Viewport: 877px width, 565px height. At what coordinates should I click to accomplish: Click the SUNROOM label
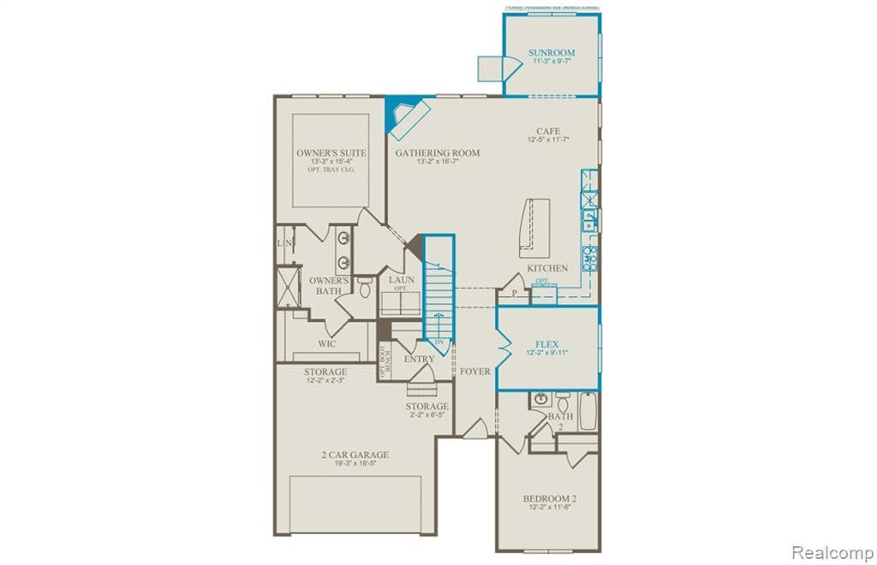point(552,53)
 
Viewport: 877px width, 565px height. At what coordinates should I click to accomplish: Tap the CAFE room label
point(548,131)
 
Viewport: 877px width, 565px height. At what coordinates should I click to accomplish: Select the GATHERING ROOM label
point(437,153)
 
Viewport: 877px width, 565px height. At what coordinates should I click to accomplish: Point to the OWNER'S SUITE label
point(331,153)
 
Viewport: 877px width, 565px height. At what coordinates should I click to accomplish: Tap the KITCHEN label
point(547,268)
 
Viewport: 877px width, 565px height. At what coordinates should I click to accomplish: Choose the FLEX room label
point(547,344)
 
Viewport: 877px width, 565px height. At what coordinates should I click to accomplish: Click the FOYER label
point(475,372)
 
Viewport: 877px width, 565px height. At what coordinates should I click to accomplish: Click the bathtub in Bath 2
point(589,411)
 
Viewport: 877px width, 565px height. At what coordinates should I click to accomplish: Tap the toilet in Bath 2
point(563,401)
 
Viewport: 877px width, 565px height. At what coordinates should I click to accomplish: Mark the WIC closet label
point(327,344)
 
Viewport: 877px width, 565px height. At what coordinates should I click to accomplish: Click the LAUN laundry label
point(401,280)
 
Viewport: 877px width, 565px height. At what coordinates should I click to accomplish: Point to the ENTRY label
point(419,360)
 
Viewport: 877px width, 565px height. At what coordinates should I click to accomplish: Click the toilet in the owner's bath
point(366,288)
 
